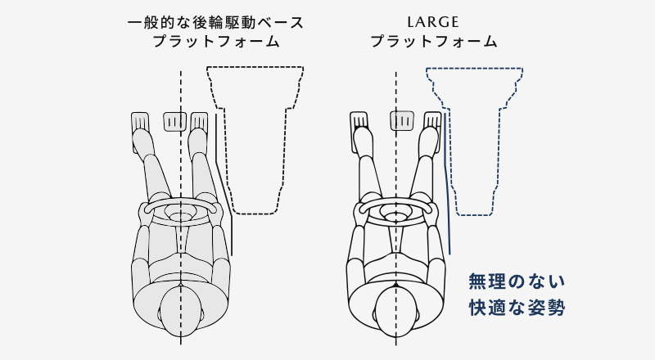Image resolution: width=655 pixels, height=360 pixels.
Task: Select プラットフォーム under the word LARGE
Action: pos(433,40)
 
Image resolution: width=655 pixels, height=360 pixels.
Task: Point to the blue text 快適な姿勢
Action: pos(517,308)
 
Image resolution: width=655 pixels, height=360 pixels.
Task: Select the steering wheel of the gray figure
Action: pos(181,212)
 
